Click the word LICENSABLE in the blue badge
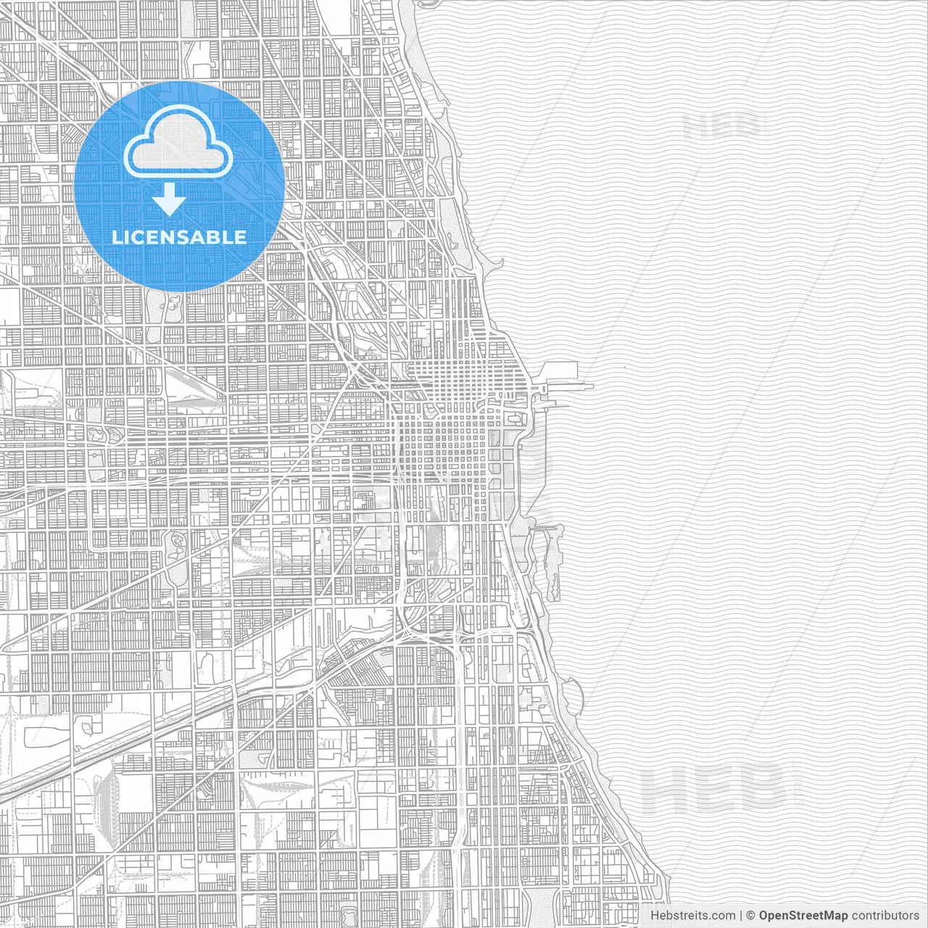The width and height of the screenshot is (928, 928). click(x=179, y=237)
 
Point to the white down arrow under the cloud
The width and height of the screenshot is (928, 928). click(x=170, y=199)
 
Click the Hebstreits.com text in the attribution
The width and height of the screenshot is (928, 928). click(x=692, y=916)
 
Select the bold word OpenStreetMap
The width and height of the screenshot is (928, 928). click(x=803, y=916)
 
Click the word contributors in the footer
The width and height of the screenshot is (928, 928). click(x=884, y=916)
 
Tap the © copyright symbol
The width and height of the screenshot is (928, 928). click(x=751, y=916)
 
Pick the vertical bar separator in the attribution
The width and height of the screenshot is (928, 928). click(x=741, y=916)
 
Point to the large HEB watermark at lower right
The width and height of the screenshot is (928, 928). click(x=714, y=789)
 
